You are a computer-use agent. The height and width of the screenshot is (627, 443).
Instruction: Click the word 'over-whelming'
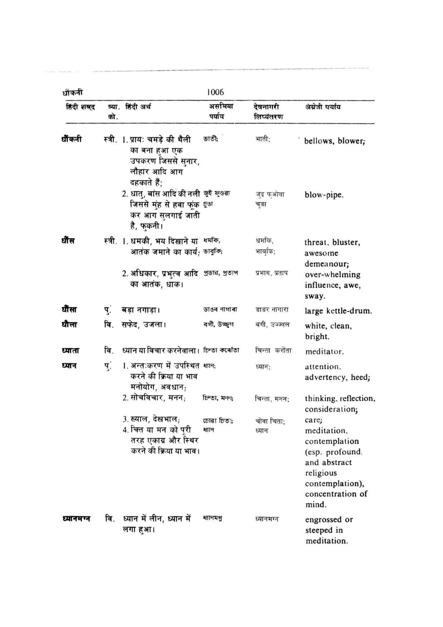[332, 274]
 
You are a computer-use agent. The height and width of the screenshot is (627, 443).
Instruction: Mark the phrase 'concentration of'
[336, 494]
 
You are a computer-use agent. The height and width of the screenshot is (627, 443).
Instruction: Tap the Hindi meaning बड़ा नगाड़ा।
[141, 310]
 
